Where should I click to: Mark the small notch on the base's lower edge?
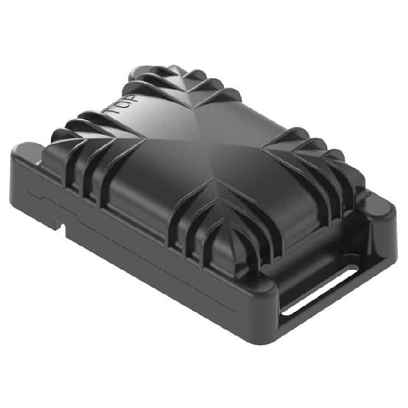click(59, 224)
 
